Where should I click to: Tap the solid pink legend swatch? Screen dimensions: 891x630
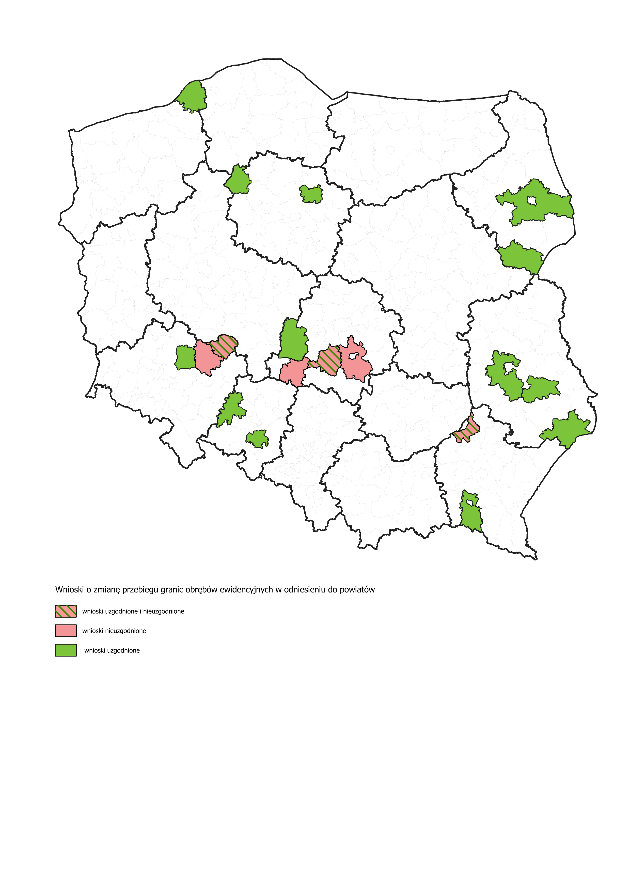(66, 631)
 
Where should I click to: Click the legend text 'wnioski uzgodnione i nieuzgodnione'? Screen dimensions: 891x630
(133, 612)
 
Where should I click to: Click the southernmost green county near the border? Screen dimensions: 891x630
(471, 516)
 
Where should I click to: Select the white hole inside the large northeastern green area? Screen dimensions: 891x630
(531, 201)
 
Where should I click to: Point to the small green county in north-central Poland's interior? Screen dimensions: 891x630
(311, 194)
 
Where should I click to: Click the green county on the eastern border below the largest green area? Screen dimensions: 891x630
(521, 256)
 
